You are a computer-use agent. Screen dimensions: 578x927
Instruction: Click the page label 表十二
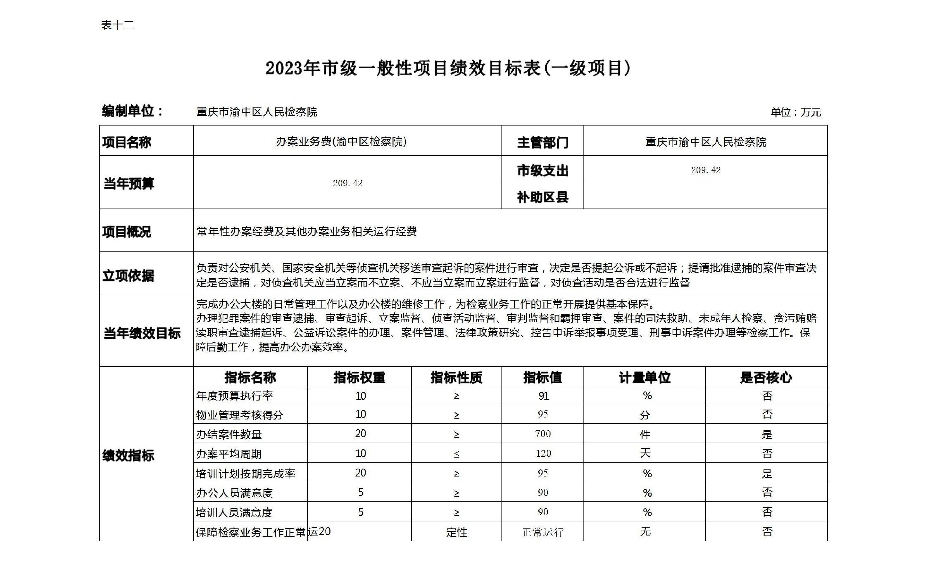point(117,25)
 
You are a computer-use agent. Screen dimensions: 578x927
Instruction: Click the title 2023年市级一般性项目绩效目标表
point(448,69)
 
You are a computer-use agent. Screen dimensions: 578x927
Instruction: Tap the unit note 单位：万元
point(795,112)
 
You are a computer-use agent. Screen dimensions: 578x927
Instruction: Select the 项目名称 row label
point(126,142)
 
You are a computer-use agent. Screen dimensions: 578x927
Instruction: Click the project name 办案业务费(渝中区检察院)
point(341,142)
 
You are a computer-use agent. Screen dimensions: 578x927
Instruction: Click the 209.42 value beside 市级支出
point(706,170)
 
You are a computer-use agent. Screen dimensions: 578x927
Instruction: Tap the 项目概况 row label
point(126,232)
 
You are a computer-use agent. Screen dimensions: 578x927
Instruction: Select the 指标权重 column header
point(359,378)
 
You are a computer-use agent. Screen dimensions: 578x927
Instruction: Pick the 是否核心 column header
point(766,378)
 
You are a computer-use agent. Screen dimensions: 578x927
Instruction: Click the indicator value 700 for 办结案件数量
point(543,434)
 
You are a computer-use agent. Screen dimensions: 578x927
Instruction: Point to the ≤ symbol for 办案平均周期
point(456,454)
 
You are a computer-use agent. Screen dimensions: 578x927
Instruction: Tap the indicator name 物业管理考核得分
point(239,415)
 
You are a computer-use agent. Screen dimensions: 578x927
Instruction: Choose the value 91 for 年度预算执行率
point(543,396)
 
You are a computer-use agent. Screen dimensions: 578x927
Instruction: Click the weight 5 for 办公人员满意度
point(360,492)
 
